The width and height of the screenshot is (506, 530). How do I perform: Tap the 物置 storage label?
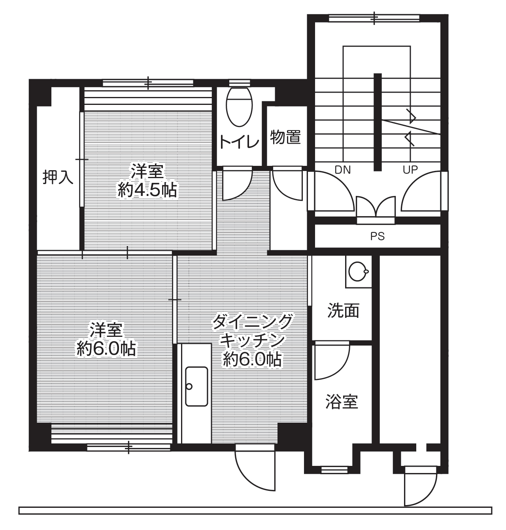point(285,138)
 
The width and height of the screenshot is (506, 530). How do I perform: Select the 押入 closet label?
point(58,178)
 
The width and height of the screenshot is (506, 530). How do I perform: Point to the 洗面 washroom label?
point(343,311)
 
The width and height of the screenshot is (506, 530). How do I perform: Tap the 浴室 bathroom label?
point(342,402)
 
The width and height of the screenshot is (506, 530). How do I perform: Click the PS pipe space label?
point(378,236)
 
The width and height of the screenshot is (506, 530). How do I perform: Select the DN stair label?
point(343,170)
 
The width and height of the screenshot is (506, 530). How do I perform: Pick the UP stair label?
point(410,170)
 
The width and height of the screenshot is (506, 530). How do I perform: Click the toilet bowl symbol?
point(239,106)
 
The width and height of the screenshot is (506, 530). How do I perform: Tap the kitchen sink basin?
point(196,386)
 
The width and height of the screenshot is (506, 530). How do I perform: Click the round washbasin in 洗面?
point(358,272)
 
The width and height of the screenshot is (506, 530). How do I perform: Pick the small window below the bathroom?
point(334,470)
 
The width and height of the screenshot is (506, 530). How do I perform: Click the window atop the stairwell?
point(374,18)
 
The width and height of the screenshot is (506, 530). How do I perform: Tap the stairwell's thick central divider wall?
point(378,122)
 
